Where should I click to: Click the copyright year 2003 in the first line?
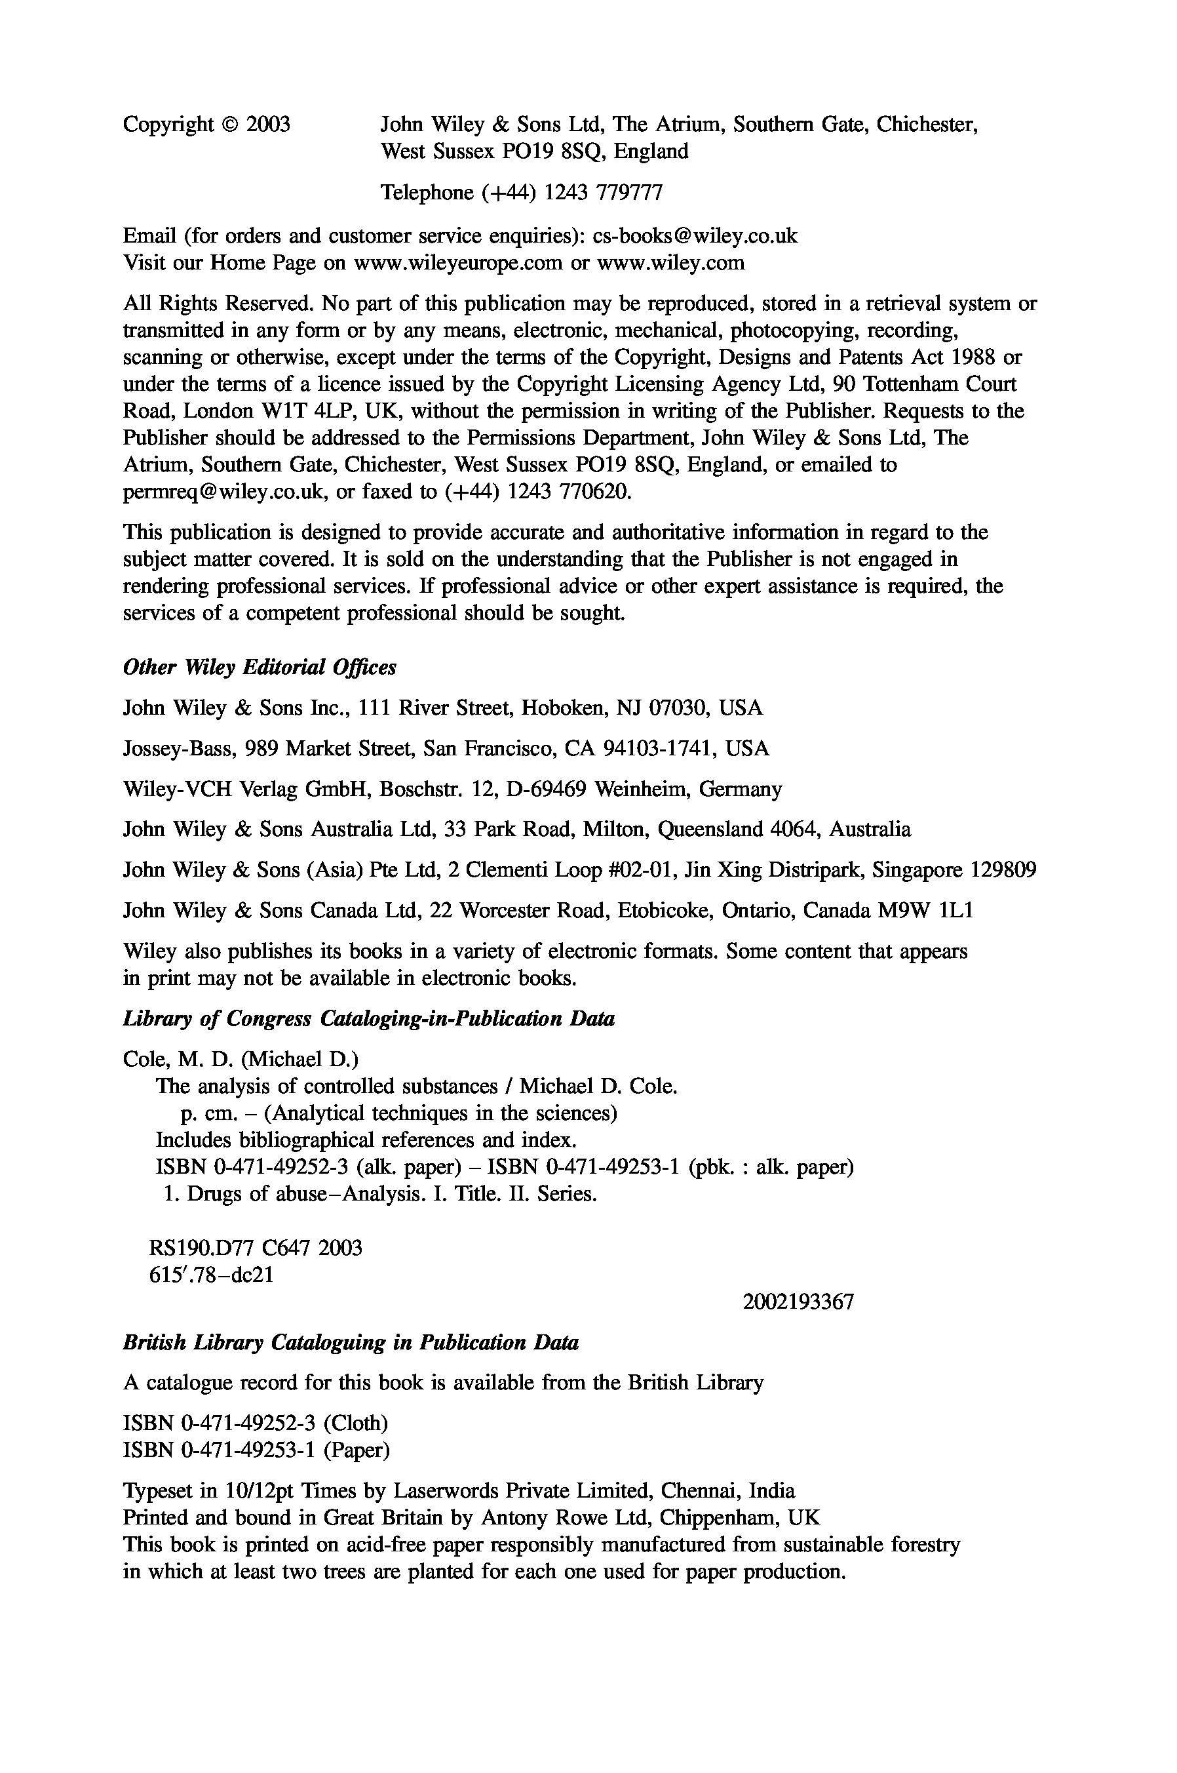(268, 125)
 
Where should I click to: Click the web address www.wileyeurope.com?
(458, 263)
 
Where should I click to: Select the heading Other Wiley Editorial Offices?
(260, 667)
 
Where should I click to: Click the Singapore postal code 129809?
(1003, 870)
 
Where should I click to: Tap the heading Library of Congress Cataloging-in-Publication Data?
(368, 1019)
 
